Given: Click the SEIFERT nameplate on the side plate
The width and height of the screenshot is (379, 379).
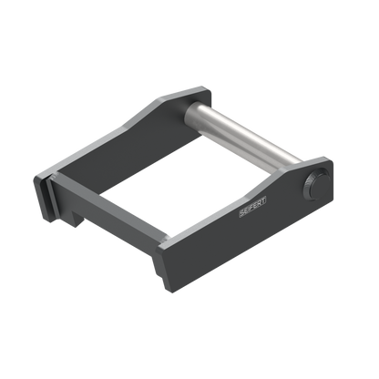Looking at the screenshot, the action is (252, 207).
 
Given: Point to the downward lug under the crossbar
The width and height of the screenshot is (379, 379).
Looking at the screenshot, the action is (77, 218).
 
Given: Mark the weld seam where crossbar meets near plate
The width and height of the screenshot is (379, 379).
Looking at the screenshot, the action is (165, 240).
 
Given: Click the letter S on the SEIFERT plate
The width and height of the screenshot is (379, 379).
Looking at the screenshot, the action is (242, 212).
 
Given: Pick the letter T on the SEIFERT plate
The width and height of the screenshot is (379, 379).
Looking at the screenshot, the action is (263, 200).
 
